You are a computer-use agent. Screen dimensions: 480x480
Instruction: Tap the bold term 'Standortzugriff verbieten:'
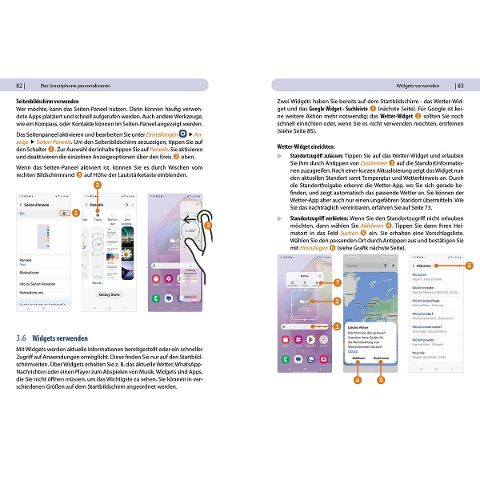point(321,217)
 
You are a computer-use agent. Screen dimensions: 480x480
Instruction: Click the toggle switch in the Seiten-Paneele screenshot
point(67,212)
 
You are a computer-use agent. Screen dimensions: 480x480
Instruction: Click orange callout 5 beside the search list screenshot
point(469,265)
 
